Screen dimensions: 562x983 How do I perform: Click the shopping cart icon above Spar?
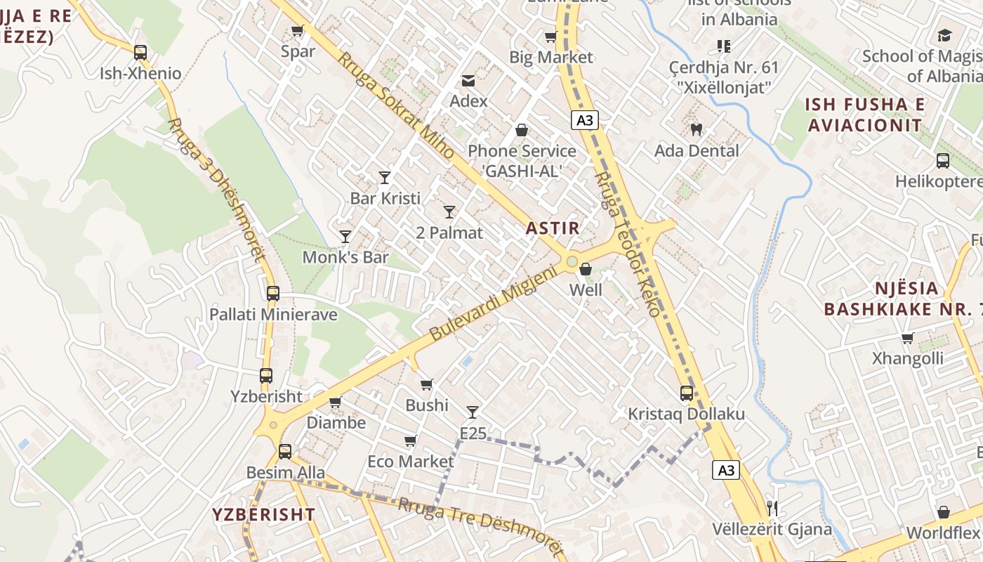click(297, 30)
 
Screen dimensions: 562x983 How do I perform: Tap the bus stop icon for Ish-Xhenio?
click(140, 52)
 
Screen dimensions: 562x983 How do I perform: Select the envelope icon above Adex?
click(468, 81)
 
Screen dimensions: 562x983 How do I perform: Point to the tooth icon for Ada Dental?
click(697, 129)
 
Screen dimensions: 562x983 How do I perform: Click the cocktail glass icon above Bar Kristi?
click(385, 177)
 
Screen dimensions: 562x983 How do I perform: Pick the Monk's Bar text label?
click(345, 257)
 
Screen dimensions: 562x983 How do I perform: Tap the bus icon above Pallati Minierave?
click(273, 294)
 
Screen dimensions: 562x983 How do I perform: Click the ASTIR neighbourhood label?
click(553, 228)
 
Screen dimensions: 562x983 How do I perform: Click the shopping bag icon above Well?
click(586, 269)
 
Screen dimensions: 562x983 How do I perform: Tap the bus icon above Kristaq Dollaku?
click(686, 393)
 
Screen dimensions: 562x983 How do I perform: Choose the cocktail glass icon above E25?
click(473, 412)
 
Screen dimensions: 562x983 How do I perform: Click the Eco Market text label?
click(411, 462)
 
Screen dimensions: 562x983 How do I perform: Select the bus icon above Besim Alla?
click(285, 452)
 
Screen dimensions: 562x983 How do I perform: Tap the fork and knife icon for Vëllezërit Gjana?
click(772, 508)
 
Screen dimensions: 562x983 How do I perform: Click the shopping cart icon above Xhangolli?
click(907, 338)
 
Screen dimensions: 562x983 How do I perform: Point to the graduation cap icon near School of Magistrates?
click(944, 35)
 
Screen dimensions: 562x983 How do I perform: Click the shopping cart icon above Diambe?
click(335, 402)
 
